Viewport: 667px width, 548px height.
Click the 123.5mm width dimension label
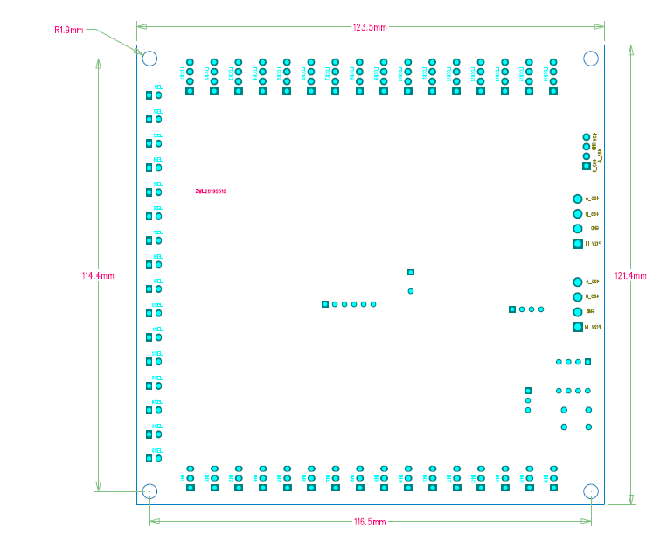pyautogui.click(x=370, y=27)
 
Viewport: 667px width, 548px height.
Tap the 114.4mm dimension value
pyautogui.click(x=98, y=275)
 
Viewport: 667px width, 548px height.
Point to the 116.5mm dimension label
pyautogui.click(x=370, y=522)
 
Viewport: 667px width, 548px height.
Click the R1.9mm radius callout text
pyautogui.click(x=69, y=30)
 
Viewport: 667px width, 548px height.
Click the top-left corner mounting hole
pyautogui.click(x=149, y=59)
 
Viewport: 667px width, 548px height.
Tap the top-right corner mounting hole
pyautogui.click(x=591, y=59)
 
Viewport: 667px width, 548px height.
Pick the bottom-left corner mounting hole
pyautogui.click(x=149, y=491)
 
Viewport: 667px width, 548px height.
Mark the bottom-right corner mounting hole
pyautogui.click(x=591, y=491)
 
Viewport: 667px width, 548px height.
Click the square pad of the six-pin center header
pyautogui.click(x=325, y=304)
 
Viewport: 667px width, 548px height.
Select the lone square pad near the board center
pyautogui.click(x=411, y=272)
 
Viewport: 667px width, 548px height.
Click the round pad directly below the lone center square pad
pyautogui.click(x=411, y=290)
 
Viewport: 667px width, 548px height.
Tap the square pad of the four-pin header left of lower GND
pyautogui.click(x=512, y=309)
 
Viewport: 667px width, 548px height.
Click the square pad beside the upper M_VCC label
pyautogui.click(x=578, y=244)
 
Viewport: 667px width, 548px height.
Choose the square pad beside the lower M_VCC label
pyautogui.click(x=578, y=327)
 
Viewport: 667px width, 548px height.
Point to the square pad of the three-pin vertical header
pyautogui.click(x=528, y=391)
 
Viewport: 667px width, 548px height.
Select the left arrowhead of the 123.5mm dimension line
pyautogui.click(x=140, y=27)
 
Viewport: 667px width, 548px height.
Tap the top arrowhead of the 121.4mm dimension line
pyautogui.click(x=630, y=49)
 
